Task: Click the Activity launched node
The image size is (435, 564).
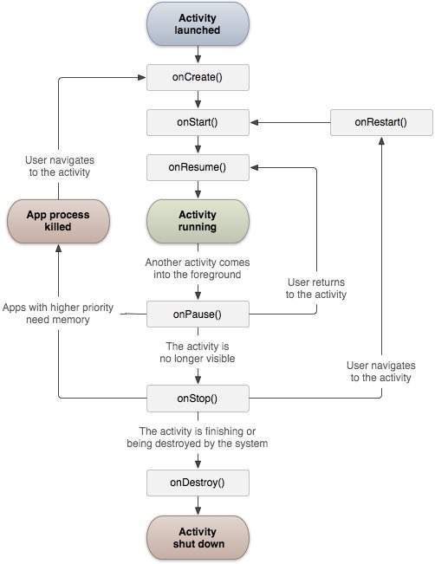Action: coord(198,24)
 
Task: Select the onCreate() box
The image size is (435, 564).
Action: coord(198,77)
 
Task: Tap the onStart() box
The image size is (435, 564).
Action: coord(198,121)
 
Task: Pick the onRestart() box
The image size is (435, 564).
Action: coord(380,122)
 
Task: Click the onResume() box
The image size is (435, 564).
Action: coord(198,166)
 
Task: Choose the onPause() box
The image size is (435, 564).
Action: coord(198,314)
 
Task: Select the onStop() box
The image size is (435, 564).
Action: coord(198,399)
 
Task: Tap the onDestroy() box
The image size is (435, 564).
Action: coord(198,483)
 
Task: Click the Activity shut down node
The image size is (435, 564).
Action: coord(198,537)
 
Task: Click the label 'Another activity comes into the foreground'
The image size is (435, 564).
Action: coord(198,268)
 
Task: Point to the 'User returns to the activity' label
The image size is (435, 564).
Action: coord(316,288)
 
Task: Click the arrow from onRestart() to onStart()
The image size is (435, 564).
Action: coord(289,122)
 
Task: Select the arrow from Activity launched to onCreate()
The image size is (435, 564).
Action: coord(198,55)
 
